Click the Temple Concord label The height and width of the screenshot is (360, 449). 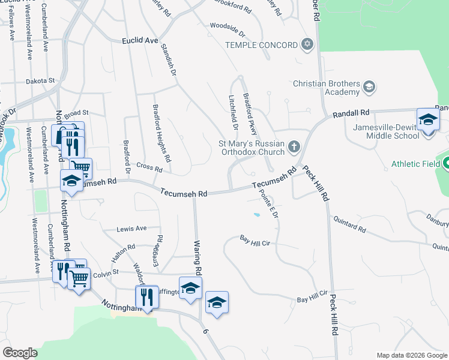(x=261, y=45)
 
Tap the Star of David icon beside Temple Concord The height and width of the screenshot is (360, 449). (x=307, y=45)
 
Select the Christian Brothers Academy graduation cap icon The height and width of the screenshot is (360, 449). (x=369, y=88)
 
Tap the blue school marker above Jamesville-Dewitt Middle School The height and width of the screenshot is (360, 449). (x=428, y=120)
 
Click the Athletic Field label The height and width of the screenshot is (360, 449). (x=416, y=163)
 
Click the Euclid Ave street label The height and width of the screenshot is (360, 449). (x=139, y=40)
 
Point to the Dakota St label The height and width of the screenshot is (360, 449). (x=40, y=80)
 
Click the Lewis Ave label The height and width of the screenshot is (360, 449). (x=132, y=229)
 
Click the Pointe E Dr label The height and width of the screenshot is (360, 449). (x=268, y=204)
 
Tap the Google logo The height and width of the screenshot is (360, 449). (x=20, y=353)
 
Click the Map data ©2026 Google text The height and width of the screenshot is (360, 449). (x=412, y=355)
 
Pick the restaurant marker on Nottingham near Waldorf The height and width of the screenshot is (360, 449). (x=146, y=297)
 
